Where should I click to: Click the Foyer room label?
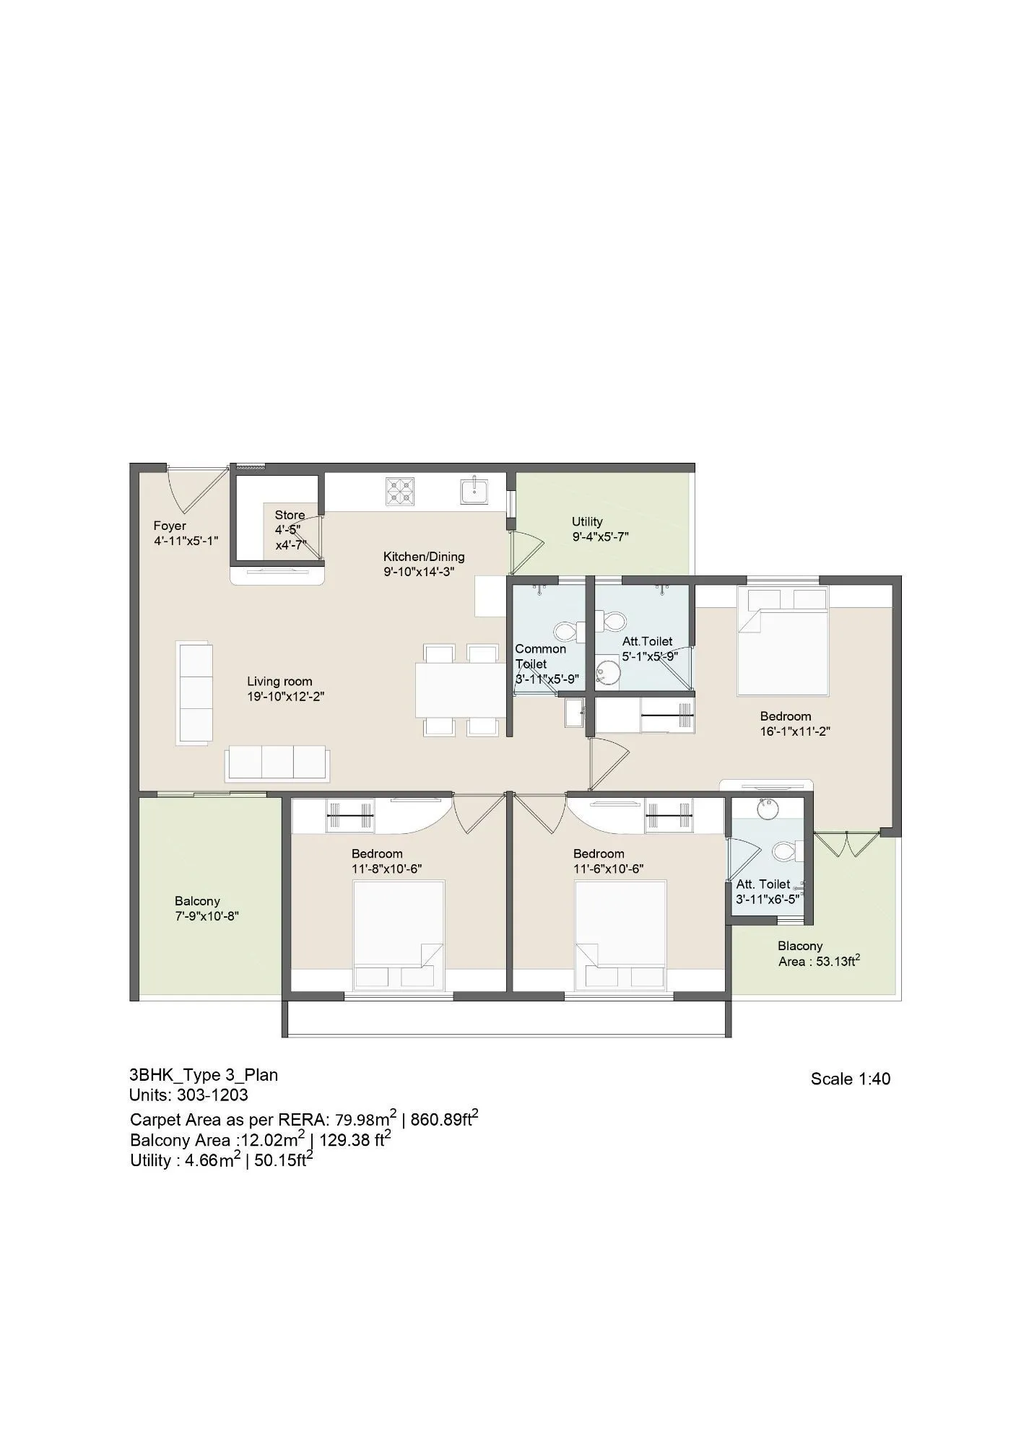click(x=170, y=526)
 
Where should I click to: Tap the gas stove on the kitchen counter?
click(x=399, y=491)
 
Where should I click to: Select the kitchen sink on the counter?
click(x=475, y=491)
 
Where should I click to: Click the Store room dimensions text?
click(x=290, y=537)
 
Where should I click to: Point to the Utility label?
click(x=587, y=521)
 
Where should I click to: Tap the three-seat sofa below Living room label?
click(x=277, y=763)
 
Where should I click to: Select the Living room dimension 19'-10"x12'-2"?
click(x=280, y=697)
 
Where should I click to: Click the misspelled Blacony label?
click(x=800, y=946)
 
